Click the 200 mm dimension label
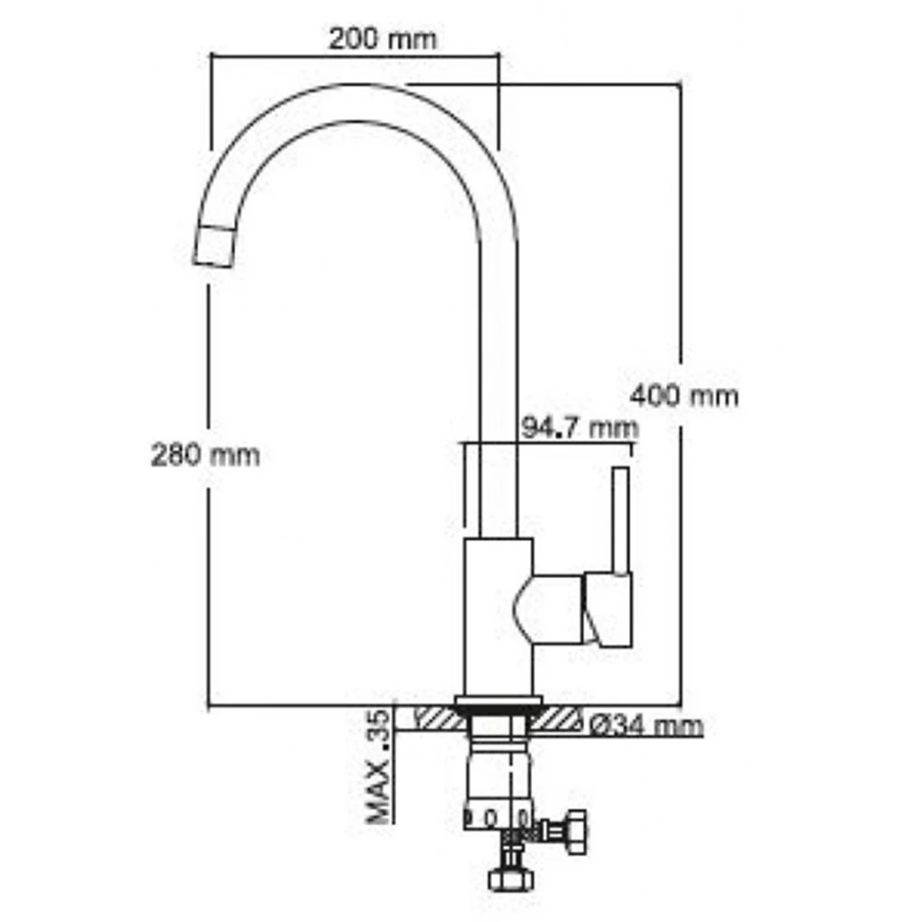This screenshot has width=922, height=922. (x=383, y=40)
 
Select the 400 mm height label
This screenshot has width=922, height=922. (x=684, y=396)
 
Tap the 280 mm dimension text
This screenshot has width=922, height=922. (x=206, y=455)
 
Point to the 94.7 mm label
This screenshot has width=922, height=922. (x=580, y=428)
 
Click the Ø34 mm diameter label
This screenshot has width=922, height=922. (x=645, y=726)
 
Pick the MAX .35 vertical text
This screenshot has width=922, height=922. (x=378, y=767)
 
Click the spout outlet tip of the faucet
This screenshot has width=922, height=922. (x=214, y=246)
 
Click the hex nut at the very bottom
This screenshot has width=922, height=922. (x=511, y=879)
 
